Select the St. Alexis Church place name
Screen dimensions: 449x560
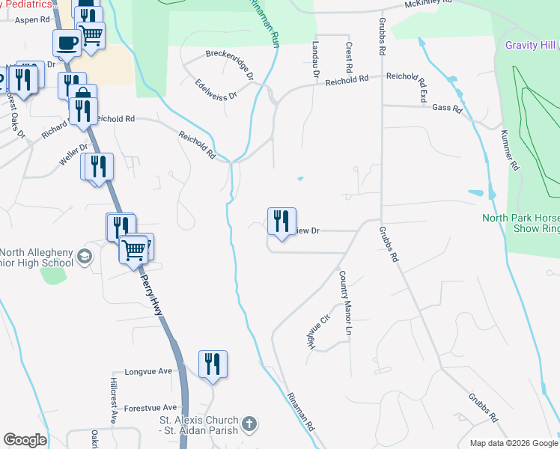(x=198, y=421)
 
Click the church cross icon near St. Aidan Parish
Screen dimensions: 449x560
(x=250, y=425)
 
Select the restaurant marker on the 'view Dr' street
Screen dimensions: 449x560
(x=281, y=222)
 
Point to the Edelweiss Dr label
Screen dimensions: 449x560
(x=216, y=90)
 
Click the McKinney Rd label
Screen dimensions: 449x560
(x=428, y=4)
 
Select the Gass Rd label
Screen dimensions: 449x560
(x=447, y=108)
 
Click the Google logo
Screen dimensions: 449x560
(x=25, y=440)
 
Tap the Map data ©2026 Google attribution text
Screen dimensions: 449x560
(x=514, y=443)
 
